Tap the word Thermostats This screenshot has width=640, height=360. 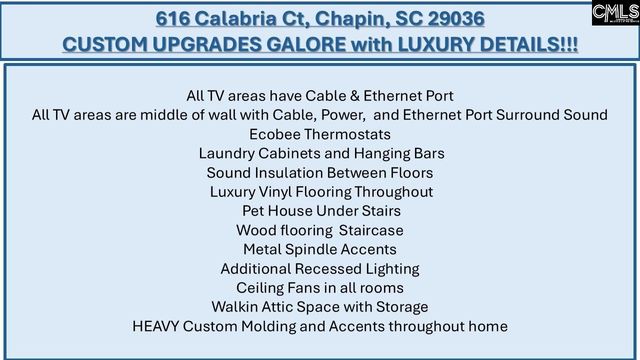click(x=347, y=134)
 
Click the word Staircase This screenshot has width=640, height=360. click(x=371, y=229)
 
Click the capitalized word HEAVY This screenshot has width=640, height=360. click(x=157, y=326)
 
